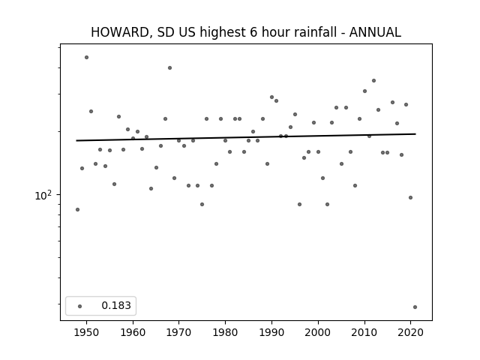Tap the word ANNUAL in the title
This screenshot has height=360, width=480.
click(375, 32)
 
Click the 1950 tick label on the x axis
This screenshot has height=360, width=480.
click(87, 332)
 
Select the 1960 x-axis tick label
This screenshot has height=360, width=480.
click(133, 332)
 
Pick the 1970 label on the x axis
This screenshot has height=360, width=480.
click(179, 332)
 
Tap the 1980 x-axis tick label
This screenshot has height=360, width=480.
click(225, 332)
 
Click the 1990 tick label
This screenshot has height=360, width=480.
click(271, 332)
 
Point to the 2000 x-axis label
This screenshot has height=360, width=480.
click(318, 332)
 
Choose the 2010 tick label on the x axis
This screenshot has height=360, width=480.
click(364, 332)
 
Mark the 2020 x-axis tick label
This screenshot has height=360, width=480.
click(410, 332)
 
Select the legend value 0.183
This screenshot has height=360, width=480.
click(116, 305)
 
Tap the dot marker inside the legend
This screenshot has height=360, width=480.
click(80, 306)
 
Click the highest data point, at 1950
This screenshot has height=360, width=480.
click(87, 57)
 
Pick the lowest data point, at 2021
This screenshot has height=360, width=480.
click(415, 307)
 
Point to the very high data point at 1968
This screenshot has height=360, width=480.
click(170, 68)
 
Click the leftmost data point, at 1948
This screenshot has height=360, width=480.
click(77, 210)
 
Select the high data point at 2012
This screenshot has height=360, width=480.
click(373, 81)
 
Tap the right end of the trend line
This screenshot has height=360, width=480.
click(415, 133)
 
